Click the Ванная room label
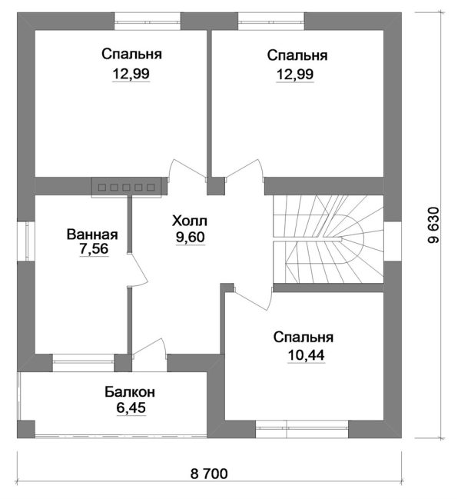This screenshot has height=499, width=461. (x=92, y=235)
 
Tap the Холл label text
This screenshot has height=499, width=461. (x=190, y=221)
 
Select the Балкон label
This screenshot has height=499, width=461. (x=130, y=392)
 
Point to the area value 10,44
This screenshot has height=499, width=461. (x=306, y=355)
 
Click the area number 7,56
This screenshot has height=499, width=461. (x=94, y=249)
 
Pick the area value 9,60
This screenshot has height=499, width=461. (x=190, y=238)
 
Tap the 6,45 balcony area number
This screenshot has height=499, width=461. (x=131, y=408)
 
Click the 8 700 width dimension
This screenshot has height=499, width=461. (x=209, y=474)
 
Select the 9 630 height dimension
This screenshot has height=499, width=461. (x=433, y=225)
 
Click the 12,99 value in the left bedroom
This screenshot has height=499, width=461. (x=131, y=74)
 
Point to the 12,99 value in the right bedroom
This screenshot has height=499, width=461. (x=295, y=75)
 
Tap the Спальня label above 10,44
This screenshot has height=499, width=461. (x=303, y=337)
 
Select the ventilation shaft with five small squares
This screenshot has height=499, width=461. (x=127, y=188)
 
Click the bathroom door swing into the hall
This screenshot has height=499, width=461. (x=138, y=270)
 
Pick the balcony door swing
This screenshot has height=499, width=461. (x=149, y=348)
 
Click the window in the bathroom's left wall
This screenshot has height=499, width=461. (x=26, y=241)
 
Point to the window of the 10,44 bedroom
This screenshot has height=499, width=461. (x=302, y=429)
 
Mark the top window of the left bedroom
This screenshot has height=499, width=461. (x=148, y=22)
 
